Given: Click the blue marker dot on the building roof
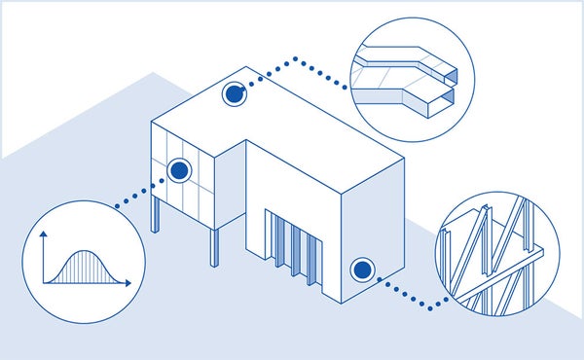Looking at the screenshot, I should [x=234, y=94].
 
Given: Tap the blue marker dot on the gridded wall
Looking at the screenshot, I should [x=179, y=171].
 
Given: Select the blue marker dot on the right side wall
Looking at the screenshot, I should [x=362, y=269].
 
